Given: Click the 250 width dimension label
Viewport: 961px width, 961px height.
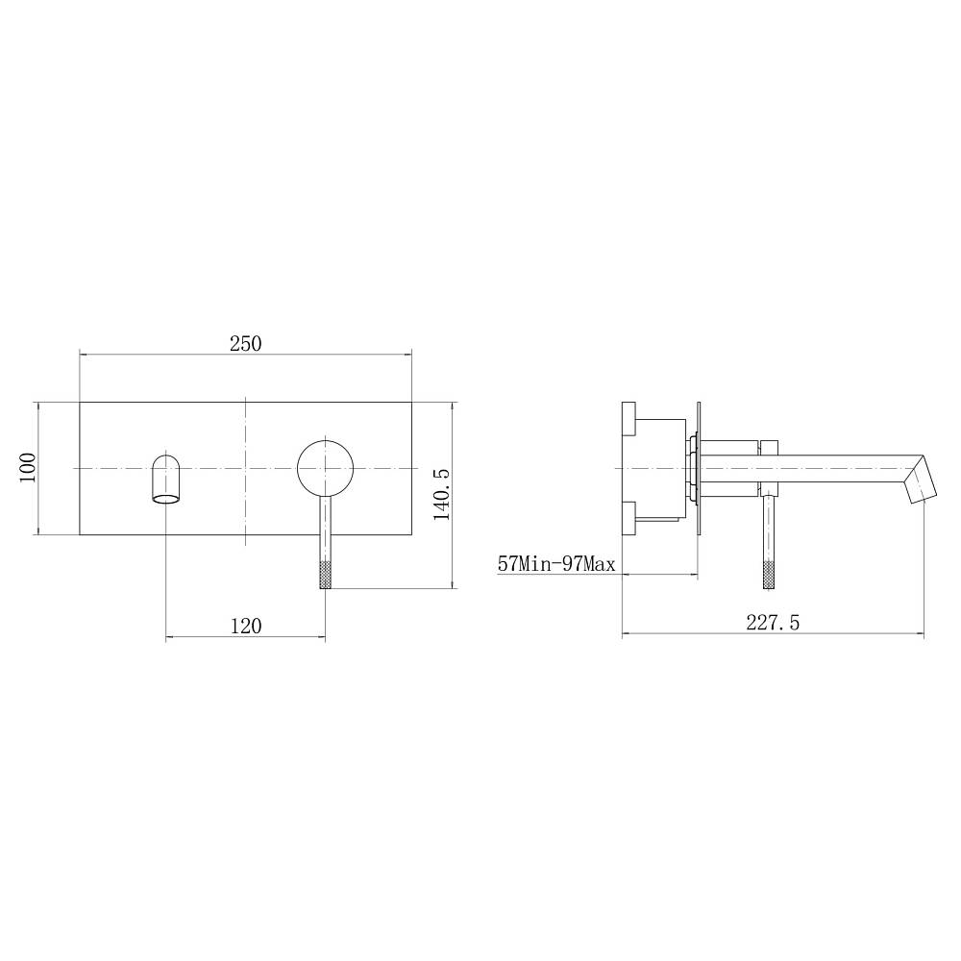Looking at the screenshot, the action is [x=246, y=343].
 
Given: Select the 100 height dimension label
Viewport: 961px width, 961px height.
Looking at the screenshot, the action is [x=28, y=468].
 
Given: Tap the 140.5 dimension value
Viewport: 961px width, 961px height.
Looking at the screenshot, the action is [x=442, y=495].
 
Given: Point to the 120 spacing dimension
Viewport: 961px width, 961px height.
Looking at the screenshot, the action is [x=246, y=626].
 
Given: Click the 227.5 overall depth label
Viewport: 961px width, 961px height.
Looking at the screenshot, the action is [x=773, y=623].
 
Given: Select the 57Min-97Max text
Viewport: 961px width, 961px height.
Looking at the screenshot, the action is [x=555, y=563].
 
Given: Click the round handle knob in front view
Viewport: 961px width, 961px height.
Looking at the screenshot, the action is [x=326, y=468].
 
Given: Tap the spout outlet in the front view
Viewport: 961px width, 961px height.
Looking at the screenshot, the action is [x=166, y=479].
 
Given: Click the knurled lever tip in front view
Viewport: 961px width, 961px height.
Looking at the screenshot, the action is [x=326, y=575].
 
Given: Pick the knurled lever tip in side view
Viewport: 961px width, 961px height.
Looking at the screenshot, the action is [x=769, y=575].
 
